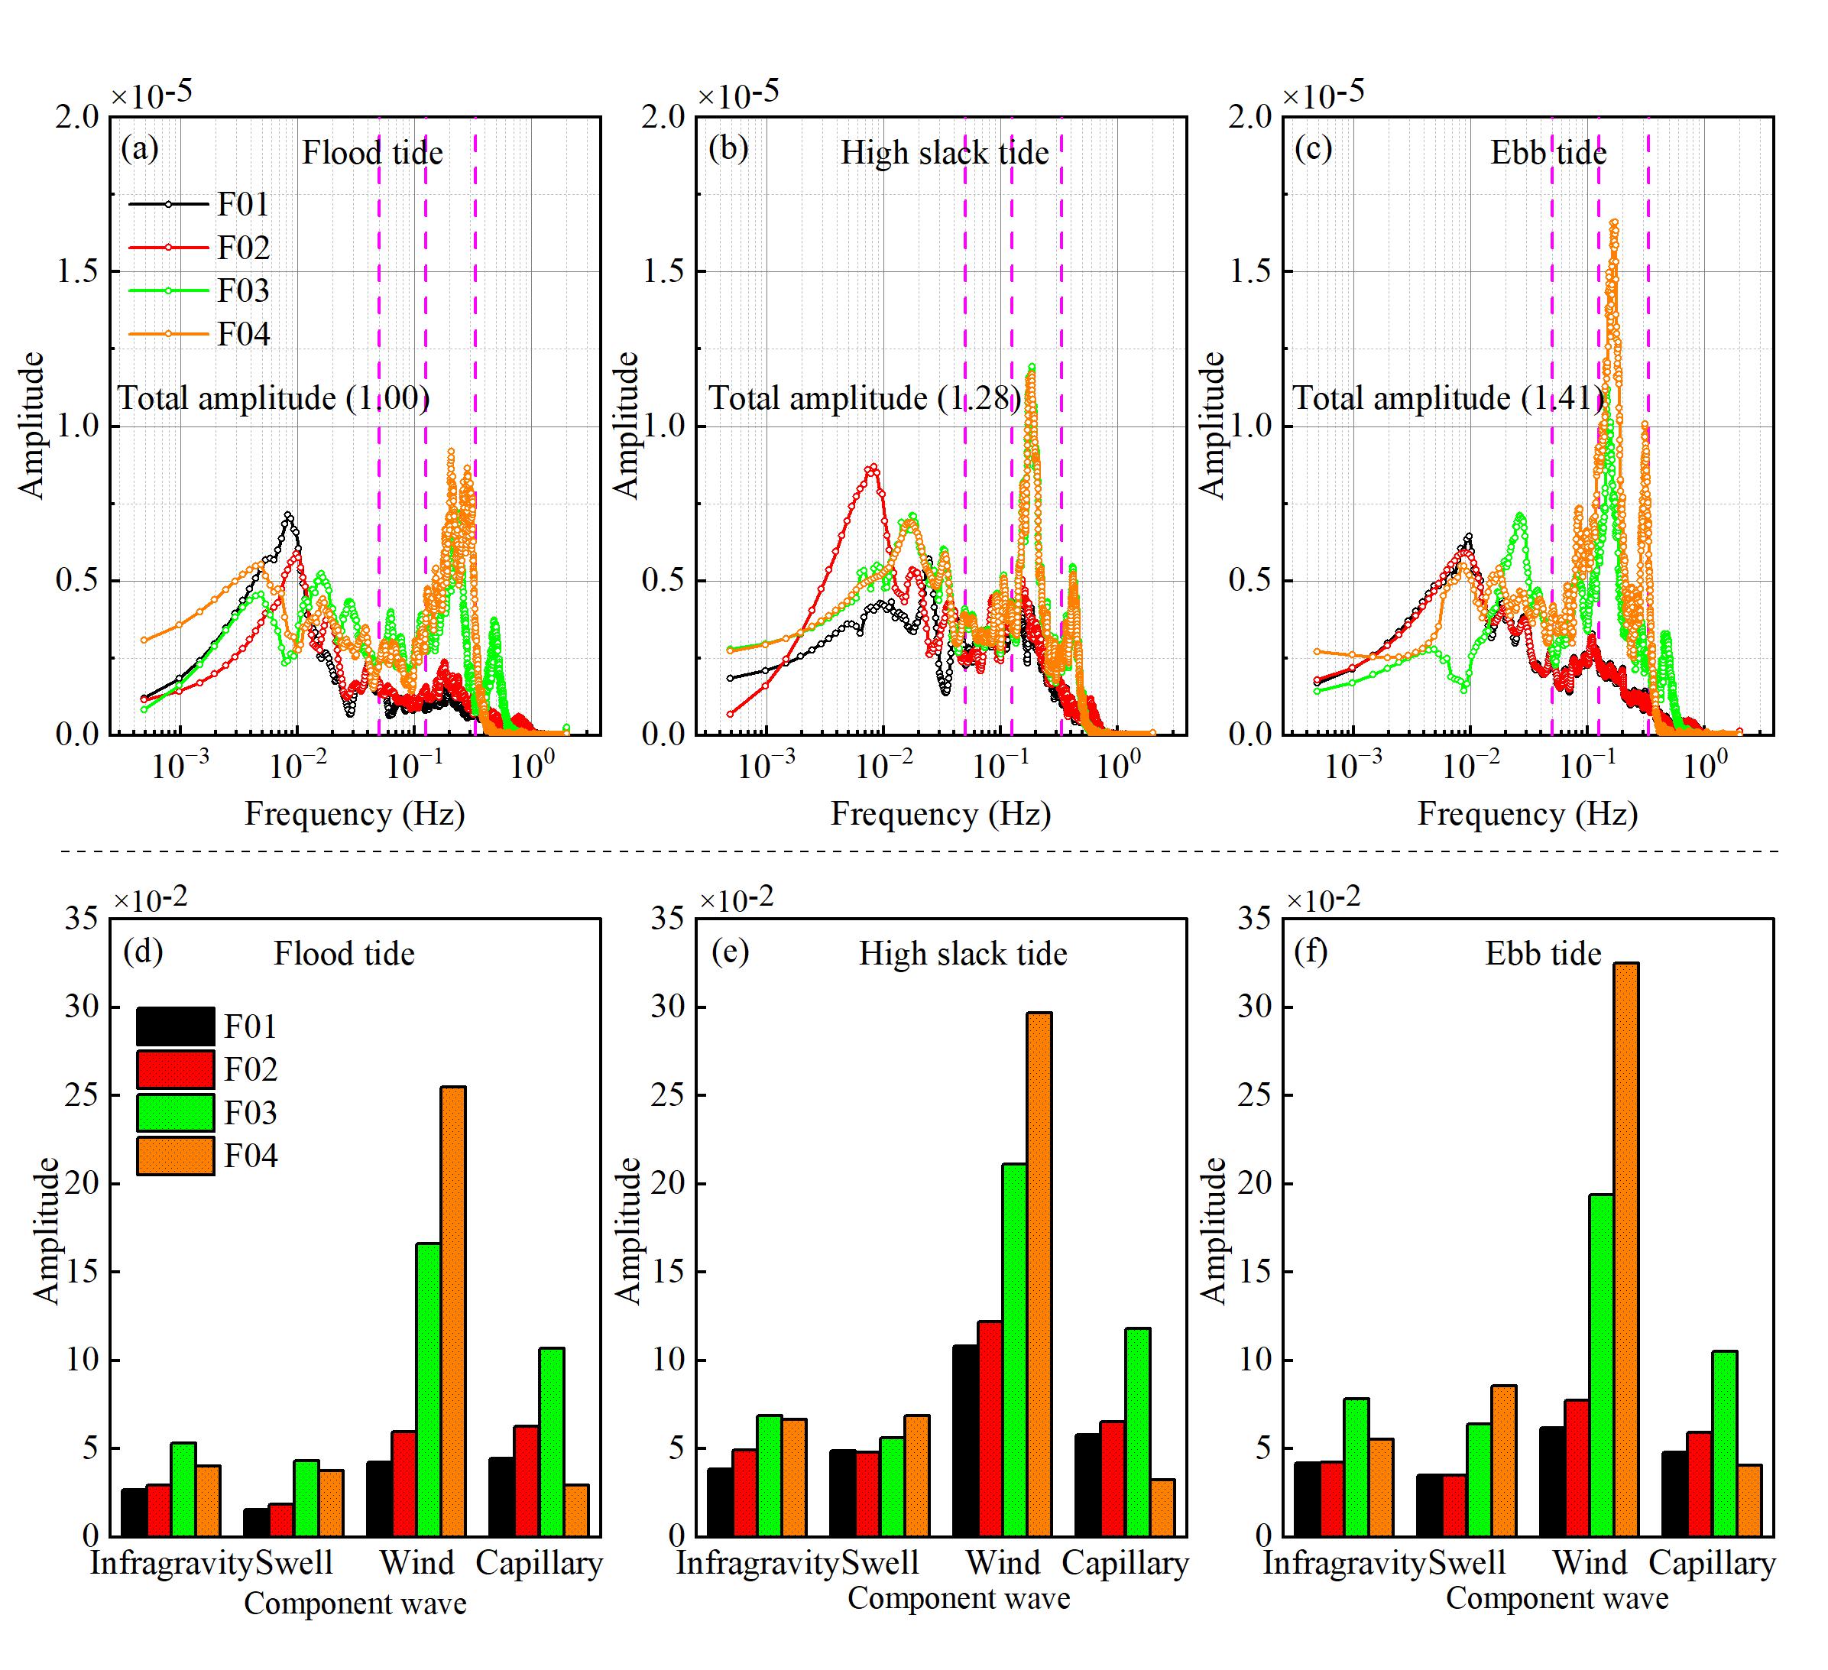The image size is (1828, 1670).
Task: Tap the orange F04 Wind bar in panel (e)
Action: tap(1039, 1274)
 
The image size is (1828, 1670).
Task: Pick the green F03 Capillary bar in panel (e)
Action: tap(1137, 1432)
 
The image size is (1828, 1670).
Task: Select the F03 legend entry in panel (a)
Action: tap(243, 291)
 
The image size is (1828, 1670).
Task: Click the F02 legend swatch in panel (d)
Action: tap(176, 1070)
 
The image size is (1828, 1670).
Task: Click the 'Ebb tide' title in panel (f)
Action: tap(1543, 954)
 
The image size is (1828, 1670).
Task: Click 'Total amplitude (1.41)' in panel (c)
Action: tap(1448, 398)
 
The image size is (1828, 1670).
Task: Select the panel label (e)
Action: tap(730, 952)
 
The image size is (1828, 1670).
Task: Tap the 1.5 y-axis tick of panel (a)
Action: tap(78, 271)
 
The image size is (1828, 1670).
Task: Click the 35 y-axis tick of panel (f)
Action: tap(1255, 919)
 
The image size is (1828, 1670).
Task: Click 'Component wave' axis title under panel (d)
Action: tap(355, 1604)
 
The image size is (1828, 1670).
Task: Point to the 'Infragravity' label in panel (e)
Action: tap(757, 1563)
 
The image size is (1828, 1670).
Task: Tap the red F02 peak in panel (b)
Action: tap(872, 468)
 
